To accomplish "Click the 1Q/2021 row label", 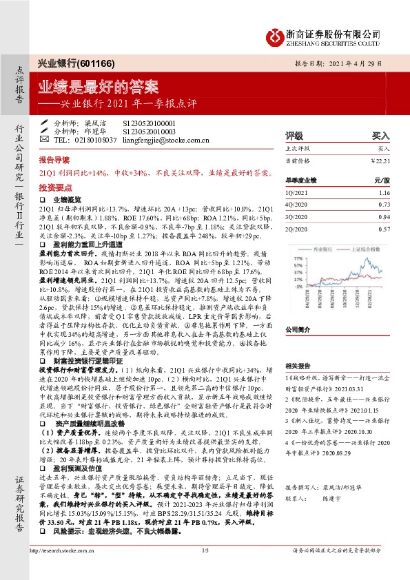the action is pyautogui.click(x=296, y=194).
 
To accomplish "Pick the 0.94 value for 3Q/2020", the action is pyautogui.click(x=384, y=216).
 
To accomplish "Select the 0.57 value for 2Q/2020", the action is pyautogui.click(x=384, y=227).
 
